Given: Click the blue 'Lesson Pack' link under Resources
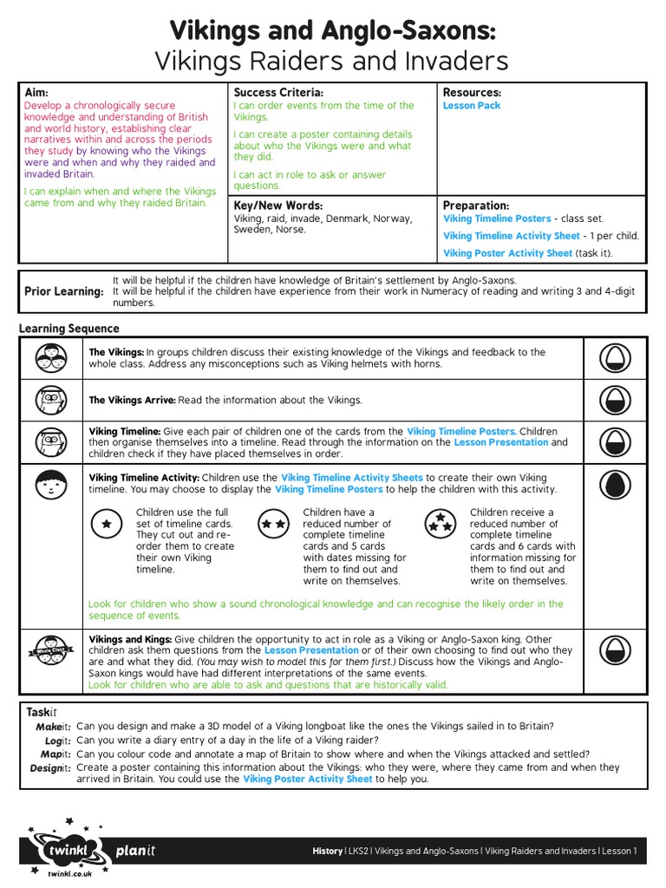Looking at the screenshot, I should [x=472, y=106].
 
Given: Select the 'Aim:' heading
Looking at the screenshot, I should [x=36, y=92].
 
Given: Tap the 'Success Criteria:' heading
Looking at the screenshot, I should [x=278, y=92].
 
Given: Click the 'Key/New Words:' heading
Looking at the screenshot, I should [x=277, y=206].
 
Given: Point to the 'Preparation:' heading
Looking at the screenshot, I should [x=476, y=206].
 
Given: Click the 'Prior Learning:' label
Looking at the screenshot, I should [x=63, y=292].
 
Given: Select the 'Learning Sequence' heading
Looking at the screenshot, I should [x=69, y=329].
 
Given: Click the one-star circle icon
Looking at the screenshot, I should [x=107, y=525].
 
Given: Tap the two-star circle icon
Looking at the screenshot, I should [x=273, y=525].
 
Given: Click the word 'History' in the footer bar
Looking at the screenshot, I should [x=328, y=852].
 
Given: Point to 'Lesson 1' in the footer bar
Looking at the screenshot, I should [x=619, y=852].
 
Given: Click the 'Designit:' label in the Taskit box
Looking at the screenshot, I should [x=49, y=768].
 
